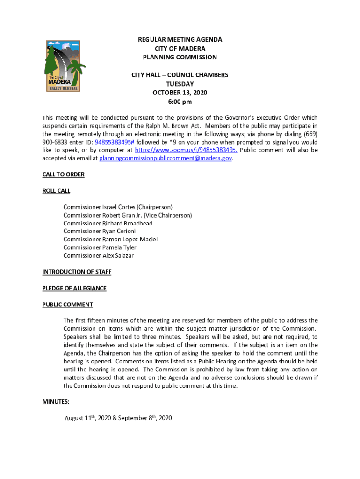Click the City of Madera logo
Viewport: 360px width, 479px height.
(65, 66)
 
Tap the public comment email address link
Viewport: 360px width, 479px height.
(166, 158)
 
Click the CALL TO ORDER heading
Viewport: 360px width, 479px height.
(64, 174)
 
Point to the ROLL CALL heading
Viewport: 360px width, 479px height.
(56, 191)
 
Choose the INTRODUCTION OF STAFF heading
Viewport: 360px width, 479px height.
(77, 272)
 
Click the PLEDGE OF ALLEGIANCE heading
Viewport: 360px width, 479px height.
(74, 288)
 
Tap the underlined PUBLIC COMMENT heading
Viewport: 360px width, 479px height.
(67, 305)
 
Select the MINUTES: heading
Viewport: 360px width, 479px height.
(56, 401)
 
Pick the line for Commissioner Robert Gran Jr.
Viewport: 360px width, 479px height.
(128, 215)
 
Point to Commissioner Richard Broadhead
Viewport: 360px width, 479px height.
(108, 223)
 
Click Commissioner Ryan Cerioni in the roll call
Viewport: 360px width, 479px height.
(100, 231)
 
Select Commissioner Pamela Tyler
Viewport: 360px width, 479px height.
(100, 247)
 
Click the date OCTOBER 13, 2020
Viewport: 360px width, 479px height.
(180, 93)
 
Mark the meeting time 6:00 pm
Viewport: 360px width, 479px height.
(180, 102)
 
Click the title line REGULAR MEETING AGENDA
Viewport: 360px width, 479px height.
(180, 40)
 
